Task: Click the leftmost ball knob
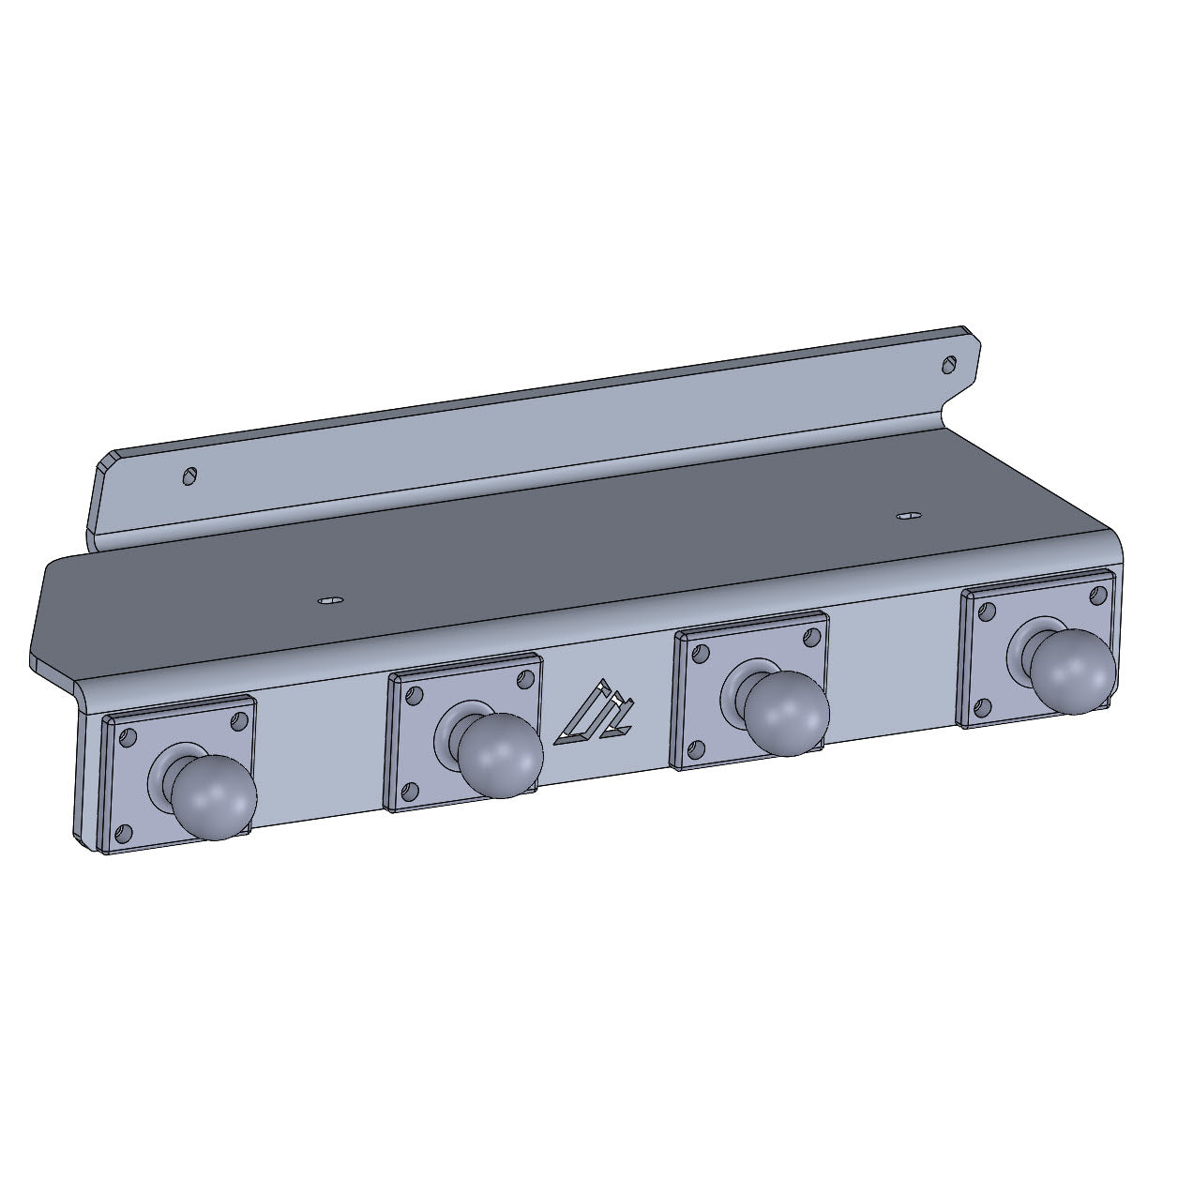[x=214, y=796]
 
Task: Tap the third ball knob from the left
[x=788, y=714]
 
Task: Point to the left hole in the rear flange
[x=190, y=476]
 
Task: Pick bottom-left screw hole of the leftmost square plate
[x=123, y=832]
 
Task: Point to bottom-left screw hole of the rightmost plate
[x=982, y=705]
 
